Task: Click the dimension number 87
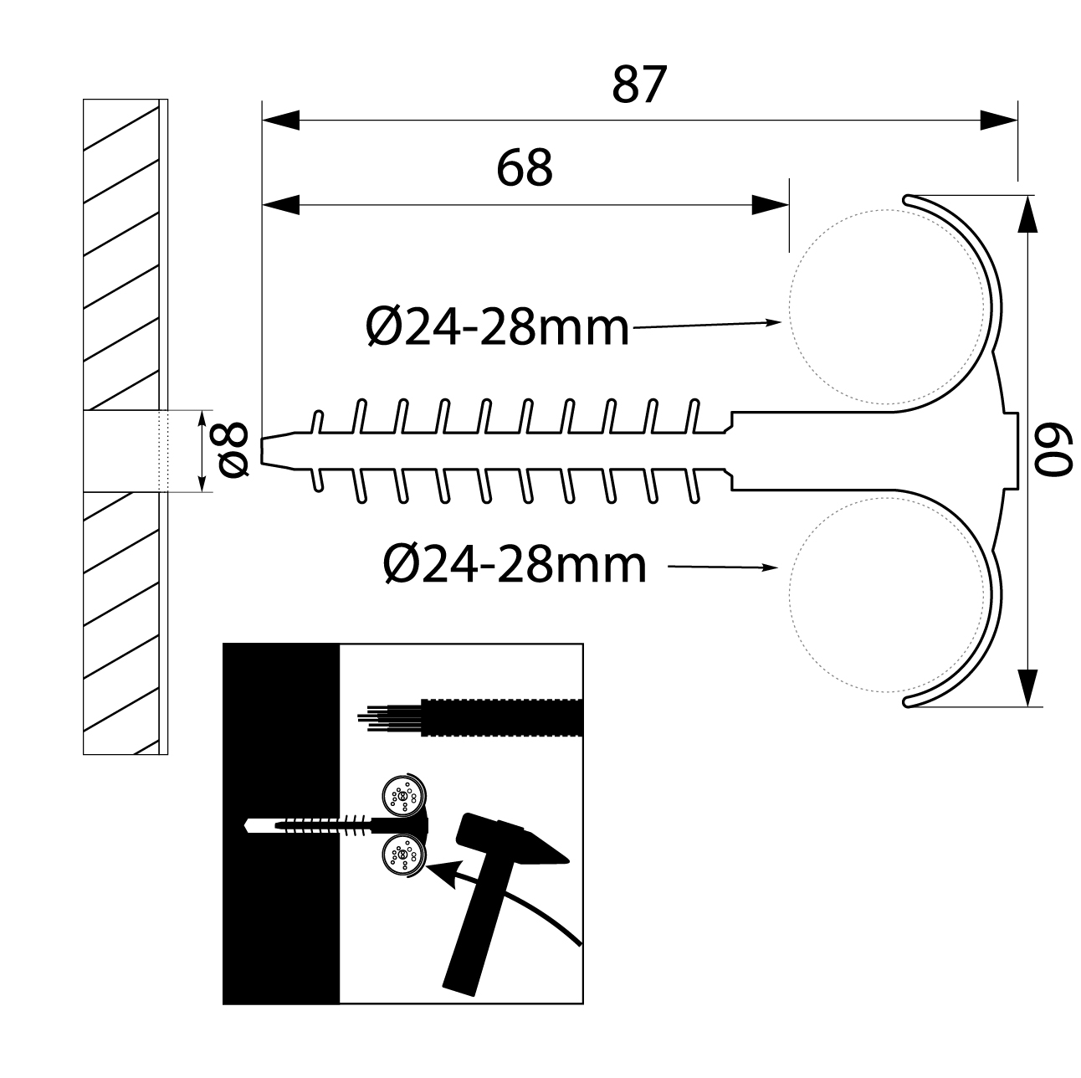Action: [639, 85]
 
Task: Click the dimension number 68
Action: [525, 167]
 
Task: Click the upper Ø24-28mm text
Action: [498, 326]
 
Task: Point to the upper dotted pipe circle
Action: [887, 307]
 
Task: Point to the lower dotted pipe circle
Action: [887, 595]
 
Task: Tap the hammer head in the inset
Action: [511, 840]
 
